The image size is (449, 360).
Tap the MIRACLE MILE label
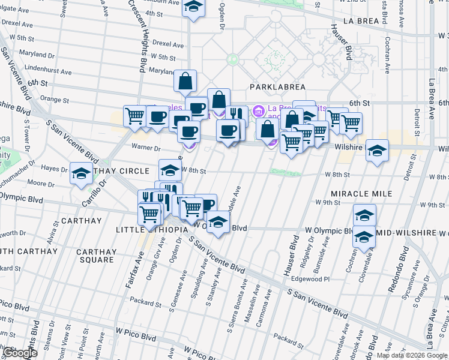tap(361, 194)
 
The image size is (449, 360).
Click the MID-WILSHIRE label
tap(409, 232)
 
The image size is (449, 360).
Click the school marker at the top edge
tap(193, 7)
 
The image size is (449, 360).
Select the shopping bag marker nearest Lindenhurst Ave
tap(185, 80)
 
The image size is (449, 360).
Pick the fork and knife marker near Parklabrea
tap(237, 115)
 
